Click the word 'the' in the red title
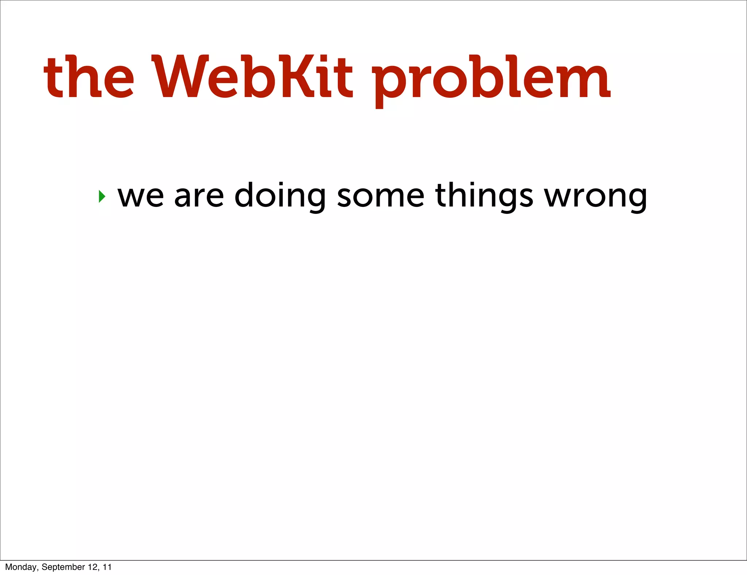pos(89,77)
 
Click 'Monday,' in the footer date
pos(22,567)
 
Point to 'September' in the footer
pos(63,567)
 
